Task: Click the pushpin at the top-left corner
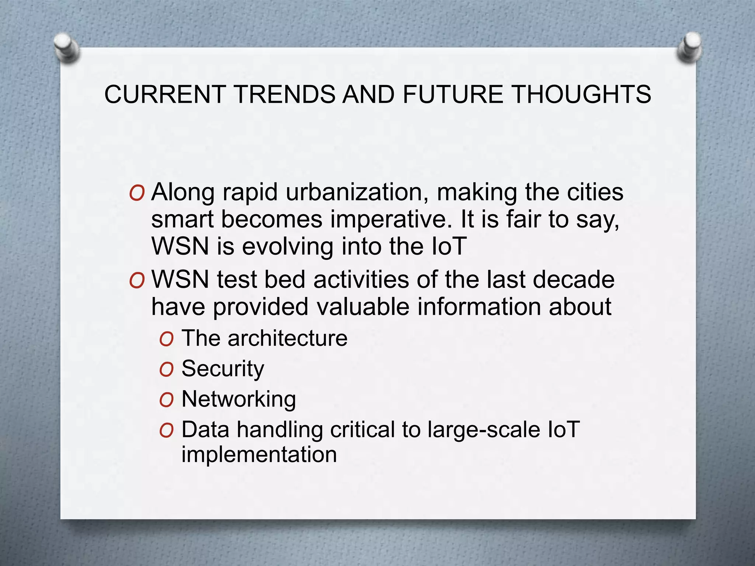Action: (x=66, y=48)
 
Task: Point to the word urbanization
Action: (x=357, y=192)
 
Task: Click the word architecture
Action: (x=287, y=338)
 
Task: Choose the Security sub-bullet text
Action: (x=223, y=368)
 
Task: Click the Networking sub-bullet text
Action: (x=239, y=399)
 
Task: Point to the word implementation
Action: (x=259, y=454)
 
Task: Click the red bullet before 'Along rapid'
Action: (x=137, y=193)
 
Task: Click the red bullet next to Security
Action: (x=166, y=370)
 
